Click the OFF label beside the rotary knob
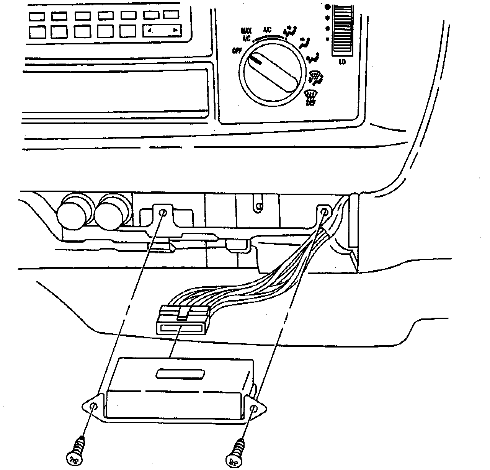[236, 51]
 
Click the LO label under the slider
[342, 61]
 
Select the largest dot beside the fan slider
[327, 7]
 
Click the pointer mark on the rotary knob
[256, 59]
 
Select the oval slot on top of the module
[180, 374]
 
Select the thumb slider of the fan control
[342, 25]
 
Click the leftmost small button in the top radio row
[37, 16]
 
